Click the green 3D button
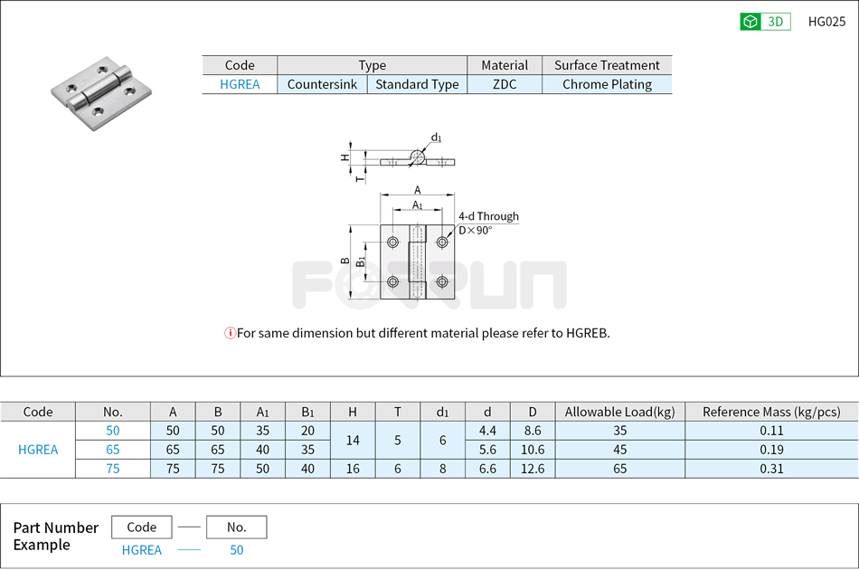pyautogui.click(x=765, y=22)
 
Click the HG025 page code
pyautogui.click(x=826, y=22)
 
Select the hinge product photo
pyautogui.click(x=100, y=92)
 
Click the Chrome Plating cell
pyautogui.click(x=607, y=84)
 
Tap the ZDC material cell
pyautogui.click(x=505, y=84)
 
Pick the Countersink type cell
pyautogui.click(x=322, y=84)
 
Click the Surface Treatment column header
pyautogui.click(x=607, y=65)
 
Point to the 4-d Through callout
pyautogui.click(x=488, y=216)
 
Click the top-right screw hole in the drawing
pyautogui.click(x=442, y=242)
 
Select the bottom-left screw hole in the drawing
pyautogui.click(x=393, y=281)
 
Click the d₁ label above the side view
pyautogui.click(x=436, y=138)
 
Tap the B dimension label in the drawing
pyautogui.click(x=345, y=261)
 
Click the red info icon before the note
pyautogui.click(x=230, y=333)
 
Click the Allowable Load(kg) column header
pyautogui.click(x=619, y=412)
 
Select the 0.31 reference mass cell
pyautogui.click(x=771, y=469)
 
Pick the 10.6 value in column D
pyautogui.click(x=532, y=450)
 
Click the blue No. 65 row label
pyautogui.click(x=112, y=450)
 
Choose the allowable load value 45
pyautogui.click(x=619, y=450)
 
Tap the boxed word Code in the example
pyautogui.click(x=142, y=527)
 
